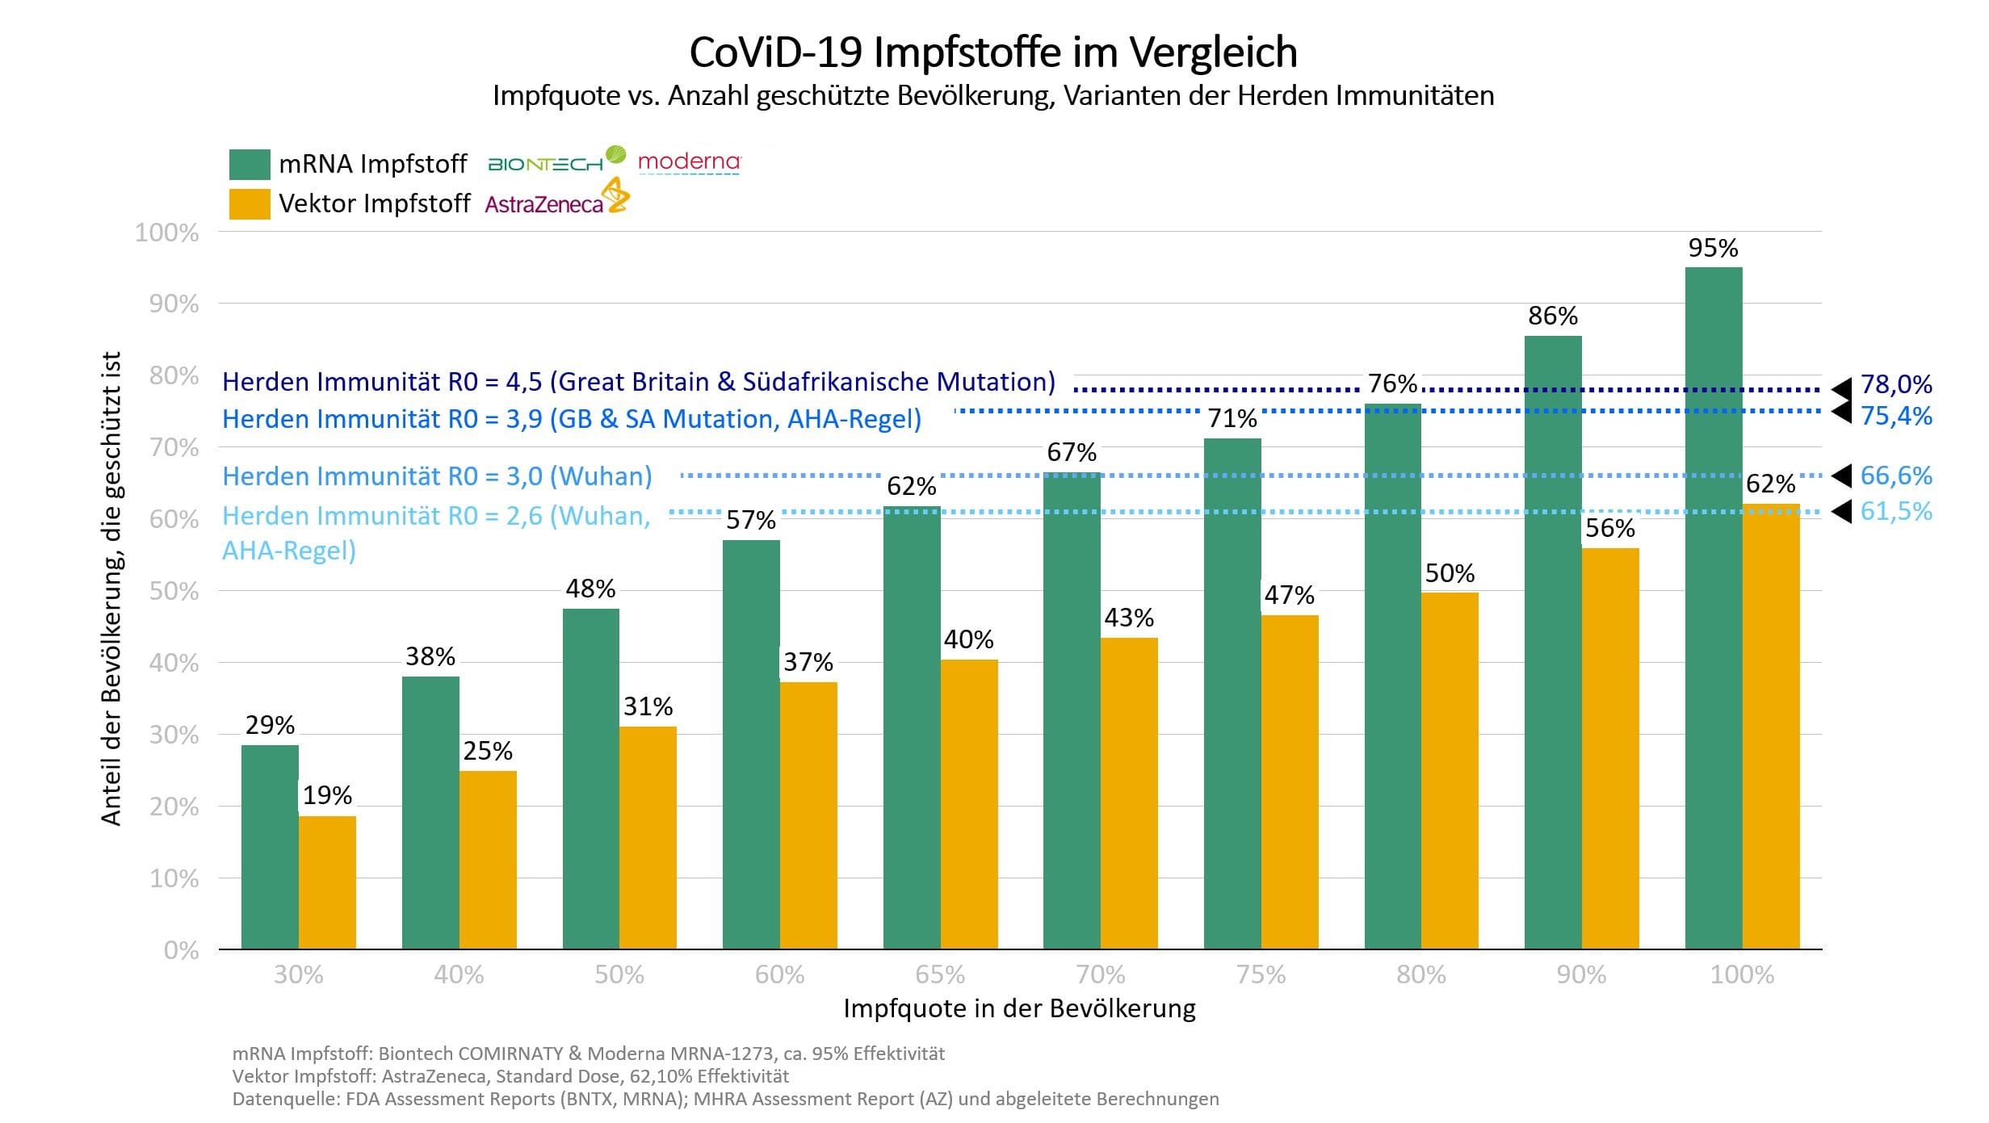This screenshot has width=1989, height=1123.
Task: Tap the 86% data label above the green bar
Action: tap(1552, 316)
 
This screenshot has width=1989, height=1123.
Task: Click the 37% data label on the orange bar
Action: tap(808, 662)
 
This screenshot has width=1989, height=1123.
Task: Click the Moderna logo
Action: tap(688, 162)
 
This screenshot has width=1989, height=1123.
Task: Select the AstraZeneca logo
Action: tap(556, 200)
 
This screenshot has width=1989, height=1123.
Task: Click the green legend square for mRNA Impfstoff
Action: tap(249, 164)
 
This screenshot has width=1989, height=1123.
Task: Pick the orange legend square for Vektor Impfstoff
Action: tap(249, 203)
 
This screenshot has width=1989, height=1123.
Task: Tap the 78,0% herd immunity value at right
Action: tap(1895, 384)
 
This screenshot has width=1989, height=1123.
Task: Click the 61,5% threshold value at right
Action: tap(1895, 511)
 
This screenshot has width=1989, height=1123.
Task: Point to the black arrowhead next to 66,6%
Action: tap(1840, 476)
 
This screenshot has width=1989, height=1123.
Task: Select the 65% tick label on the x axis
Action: tap(940, 974)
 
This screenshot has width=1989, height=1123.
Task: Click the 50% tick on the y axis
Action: tap(174, 591)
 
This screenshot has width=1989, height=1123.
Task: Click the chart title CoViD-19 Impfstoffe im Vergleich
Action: tap(992, 52)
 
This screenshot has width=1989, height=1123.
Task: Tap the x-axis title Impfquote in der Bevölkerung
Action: tap(1019, 1008)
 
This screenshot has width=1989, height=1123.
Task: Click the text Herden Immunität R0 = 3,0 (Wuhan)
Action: tap(437, 476)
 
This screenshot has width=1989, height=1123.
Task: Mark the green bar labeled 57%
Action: tap(751, 743)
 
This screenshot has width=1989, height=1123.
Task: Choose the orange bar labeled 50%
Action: tap(1450, 770)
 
